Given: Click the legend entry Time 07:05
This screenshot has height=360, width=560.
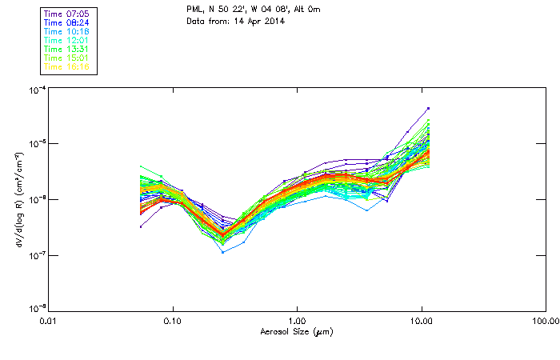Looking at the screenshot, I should point(67,14).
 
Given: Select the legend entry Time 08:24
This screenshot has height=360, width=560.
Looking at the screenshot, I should point(67,22).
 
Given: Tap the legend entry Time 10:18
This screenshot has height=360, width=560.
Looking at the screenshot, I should point(67,31).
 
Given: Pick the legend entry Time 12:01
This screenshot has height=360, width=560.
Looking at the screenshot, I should point(67,40).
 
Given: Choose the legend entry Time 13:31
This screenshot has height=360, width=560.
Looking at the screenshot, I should point(67,49).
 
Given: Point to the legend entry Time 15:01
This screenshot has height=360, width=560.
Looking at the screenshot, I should point(67,58).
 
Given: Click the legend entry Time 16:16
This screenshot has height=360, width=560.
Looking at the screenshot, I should point(67,66).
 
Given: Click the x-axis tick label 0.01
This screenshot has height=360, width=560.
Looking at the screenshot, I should point(48,321).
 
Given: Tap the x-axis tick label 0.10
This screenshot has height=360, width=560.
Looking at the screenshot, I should point(172,321).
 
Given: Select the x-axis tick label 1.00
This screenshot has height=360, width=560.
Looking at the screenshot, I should point(297,321).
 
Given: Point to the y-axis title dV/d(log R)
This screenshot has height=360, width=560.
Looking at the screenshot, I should point(18,200).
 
